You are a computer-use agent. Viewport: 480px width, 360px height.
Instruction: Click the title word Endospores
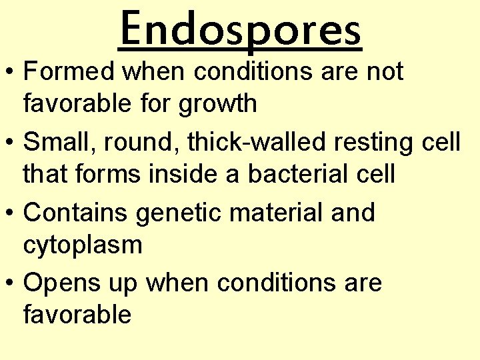[x=240, y=30]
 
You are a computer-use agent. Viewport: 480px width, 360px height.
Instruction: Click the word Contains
[x=75, y=213]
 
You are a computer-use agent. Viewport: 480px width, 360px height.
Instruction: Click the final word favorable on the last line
[x=77, y=315]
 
